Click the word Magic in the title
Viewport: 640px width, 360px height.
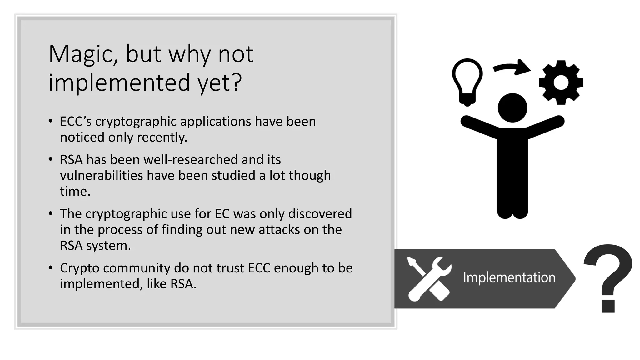click(83, 55)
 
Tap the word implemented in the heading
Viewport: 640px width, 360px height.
click(119, 82)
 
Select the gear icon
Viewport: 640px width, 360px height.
click(561, 82)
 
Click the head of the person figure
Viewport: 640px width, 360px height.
click(512, 108)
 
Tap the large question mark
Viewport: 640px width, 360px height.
click(608, 278)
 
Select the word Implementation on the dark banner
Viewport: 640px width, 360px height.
click(509, 277)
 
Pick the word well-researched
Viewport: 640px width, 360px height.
click(191, 160)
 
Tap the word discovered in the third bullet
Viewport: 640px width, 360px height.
click(320, 214)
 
